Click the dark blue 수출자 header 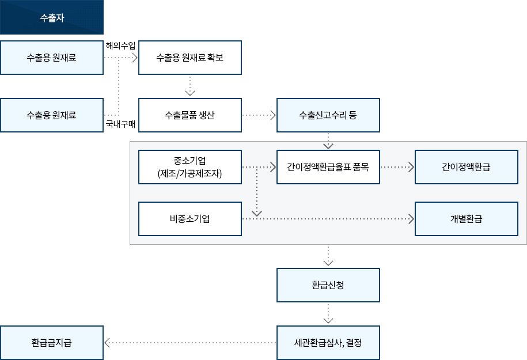tap(52, 17)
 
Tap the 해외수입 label tap(120, 46)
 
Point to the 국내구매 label tap(120, 124)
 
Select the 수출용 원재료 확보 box tap(190, 58)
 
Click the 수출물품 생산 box tap(190, 115)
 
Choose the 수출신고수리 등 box tap(328, 115)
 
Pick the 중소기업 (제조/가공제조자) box tap(190, 167)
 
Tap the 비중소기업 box tap(190, 219)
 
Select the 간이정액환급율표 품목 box tap(328, 167)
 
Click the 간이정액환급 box tap(466, 167)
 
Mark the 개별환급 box tap(466, 219)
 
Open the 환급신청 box tap(328, 285)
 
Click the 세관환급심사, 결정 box tap(328, 343)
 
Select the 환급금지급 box tap(52, 343)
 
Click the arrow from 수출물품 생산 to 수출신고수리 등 tap(259, 115)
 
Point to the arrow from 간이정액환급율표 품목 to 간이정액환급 tap(397, 167)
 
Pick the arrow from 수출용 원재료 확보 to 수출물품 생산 tap(190, 86)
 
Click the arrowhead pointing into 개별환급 tap(411, 219)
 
